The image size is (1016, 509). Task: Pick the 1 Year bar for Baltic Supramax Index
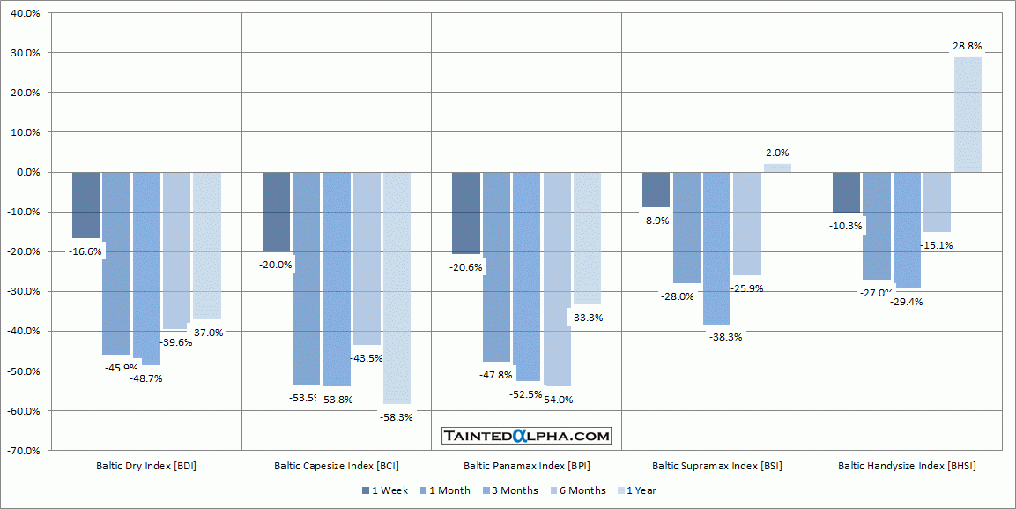point(777,168)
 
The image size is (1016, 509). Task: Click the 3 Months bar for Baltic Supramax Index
point(716,248)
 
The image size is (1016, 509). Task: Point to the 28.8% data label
point(967,46)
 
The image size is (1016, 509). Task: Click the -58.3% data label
point(396,417)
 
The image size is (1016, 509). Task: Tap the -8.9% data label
point(656,221)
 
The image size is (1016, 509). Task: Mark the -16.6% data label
point(85,251)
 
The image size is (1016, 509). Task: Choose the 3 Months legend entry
point(513,490)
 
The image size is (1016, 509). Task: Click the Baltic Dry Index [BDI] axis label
point(146,466)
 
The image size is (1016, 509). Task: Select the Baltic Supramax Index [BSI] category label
point(716,466)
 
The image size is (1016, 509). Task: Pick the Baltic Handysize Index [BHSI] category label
point(907,466)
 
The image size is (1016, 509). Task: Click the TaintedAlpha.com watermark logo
point(526,436)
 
